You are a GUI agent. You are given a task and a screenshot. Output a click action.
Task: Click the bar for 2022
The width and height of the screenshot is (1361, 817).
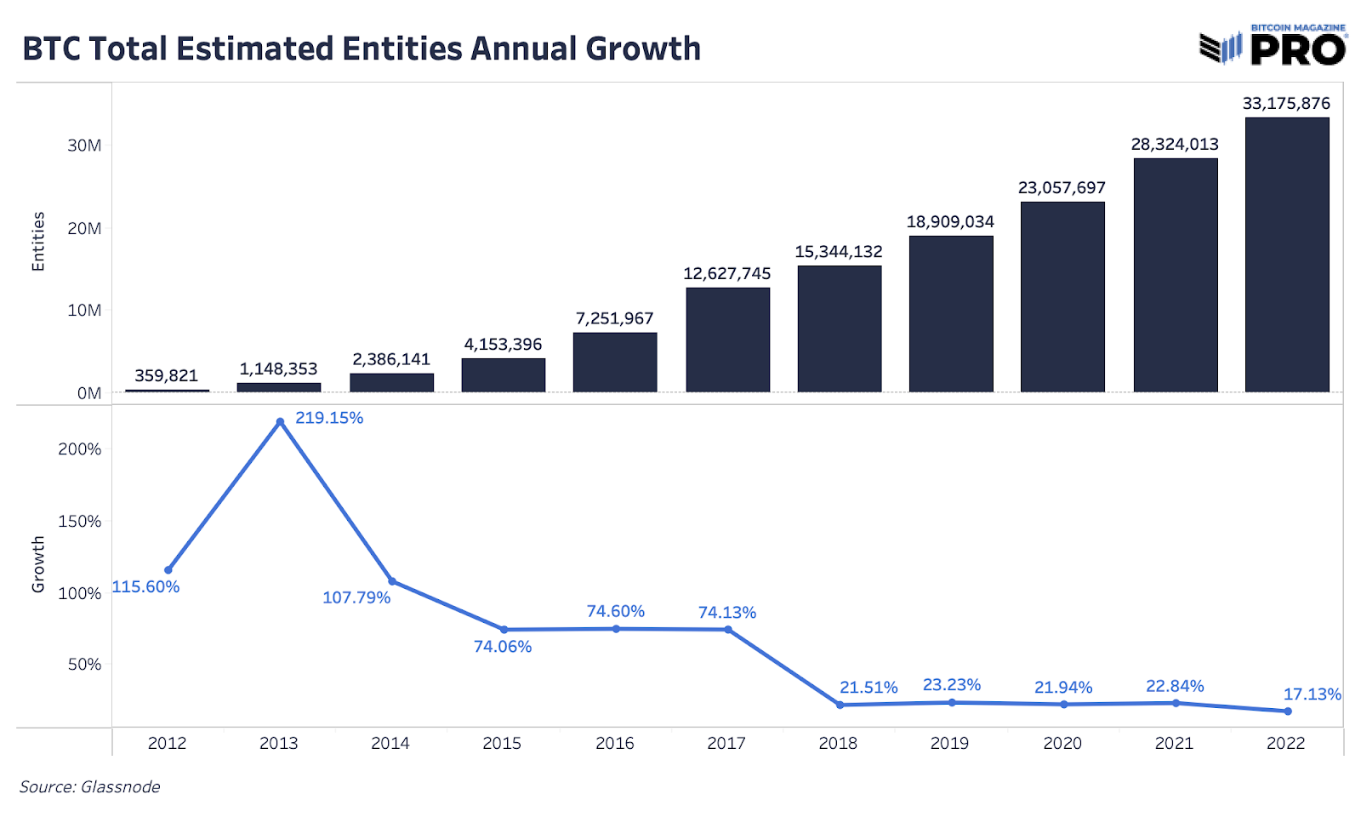tap(1286, 254)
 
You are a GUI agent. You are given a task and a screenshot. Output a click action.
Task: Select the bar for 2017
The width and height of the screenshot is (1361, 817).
tap(727, 340)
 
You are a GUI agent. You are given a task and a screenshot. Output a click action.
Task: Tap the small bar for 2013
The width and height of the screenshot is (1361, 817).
tap(279, 387)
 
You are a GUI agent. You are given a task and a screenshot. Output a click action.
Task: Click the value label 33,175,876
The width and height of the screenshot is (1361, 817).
tap(1286, 104)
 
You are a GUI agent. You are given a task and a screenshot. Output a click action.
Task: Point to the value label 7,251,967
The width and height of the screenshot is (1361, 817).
tap(614, 318)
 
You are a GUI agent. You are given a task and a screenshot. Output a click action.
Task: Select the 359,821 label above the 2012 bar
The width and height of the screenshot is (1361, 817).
tap(166, 375)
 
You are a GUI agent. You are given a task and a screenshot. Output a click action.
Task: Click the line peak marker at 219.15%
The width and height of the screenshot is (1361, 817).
tap(280, 422)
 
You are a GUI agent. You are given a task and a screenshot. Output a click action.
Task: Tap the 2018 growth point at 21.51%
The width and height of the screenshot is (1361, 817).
tap(840, 705)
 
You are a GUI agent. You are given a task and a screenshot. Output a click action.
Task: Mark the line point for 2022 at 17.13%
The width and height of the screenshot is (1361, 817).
tap(1287, 711)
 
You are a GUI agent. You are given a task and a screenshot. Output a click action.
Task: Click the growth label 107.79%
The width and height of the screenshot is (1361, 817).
tap(356, 597)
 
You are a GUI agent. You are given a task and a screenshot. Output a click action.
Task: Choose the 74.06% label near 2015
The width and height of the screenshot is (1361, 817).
tap(502, 647)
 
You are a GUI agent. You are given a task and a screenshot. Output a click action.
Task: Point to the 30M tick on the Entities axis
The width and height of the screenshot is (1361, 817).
tap(84, 146)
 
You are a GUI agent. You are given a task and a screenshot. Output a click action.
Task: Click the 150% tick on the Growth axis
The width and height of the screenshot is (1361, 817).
tap(79, 521)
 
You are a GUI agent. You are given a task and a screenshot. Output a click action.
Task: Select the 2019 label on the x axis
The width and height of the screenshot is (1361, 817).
tap(949, 743)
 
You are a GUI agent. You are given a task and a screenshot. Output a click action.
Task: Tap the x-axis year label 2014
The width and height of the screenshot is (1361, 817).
tap(390, 743)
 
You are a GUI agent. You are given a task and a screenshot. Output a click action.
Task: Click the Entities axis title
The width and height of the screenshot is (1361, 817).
tap(37, 242)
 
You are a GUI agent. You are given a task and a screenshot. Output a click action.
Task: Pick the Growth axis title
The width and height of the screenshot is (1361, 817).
tap(37, 564)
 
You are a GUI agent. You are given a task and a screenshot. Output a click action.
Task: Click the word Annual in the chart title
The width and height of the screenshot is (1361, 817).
tap(524, 49)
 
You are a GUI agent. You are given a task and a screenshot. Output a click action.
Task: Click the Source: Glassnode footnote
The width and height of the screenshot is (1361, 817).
tap(89, 786)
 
